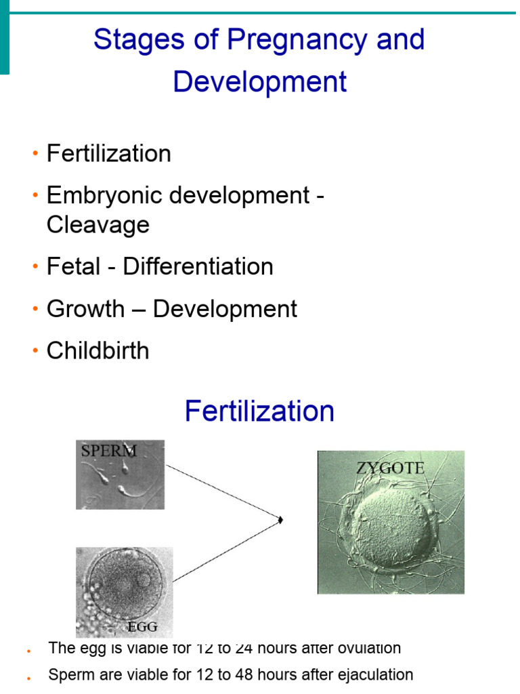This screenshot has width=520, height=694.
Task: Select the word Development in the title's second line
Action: [260, 82]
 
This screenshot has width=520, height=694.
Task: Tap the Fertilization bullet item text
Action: [108, 154]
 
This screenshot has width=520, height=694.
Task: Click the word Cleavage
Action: [97, 224]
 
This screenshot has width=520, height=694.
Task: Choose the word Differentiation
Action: [198, 266]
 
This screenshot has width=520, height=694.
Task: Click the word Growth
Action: [85, 309]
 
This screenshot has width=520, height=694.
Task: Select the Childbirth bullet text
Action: [97, 351]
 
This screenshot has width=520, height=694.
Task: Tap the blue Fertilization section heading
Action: [259, 411]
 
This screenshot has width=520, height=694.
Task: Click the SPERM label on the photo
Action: [108, 451]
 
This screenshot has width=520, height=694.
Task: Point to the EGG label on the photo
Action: [143, 627]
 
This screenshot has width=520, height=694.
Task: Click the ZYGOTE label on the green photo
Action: [391, 468]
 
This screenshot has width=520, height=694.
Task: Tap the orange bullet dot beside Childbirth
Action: [34, 352]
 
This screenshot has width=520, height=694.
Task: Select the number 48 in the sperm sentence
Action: [242, 675]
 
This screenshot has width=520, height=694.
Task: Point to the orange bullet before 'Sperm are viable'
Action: [29, 676]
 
